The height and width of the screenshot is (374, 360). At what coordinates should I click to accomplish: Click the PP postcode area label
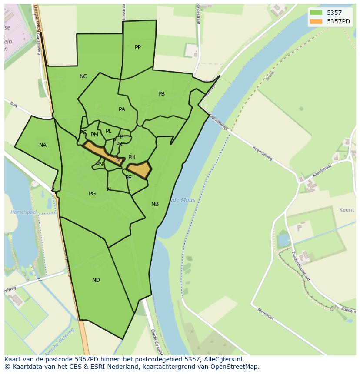pyautogui.click(x=138, y=47)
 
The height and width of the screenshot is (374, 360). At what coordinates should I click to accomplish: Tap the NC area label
pyautogui.click(x=83, y=76)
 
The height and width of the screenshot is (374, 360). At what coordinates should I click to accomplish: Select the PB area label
pyautogui.click(x=161, y=94)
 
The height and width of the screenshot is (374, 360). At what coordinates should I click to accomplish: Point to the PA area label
pyautogui.click(x=122, y=109)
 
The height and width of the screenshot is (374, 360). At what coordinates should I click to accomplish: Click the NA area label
pyautogui.click(x=43, y=145)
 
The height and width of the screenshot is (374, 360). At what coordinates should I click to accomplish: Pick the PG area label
pyautogui.click(x=92, y=194)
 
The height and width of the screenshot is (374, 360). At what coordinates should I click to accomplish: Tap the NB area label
pyautogui.click(x=155, y=204)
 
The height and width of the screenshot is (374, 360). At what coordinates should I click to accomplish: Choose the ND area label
pyautogui.click(x=96, y=280)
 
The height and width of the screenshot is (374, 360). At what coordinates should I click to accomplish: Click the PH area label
pyautogui.click(x=132, y=157)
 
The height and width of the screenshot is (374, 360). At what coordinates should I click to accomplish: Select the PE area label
pyautogui.click(x=128, y=178)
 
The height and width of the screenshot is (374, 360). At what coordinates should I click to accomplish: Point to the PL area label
pyautogui.click(x=109, y=131)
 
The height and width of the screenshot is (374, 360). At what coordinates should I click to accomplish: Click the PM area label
pyautogui.click(x=94, y=135)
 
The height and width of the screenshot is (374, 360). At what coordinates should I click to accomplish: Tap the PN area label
pyautogui.click(x=100, y=164)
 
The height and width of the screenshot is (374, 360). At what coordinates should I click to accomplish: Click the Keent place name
pyautogui.click(x=347, y=210)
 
